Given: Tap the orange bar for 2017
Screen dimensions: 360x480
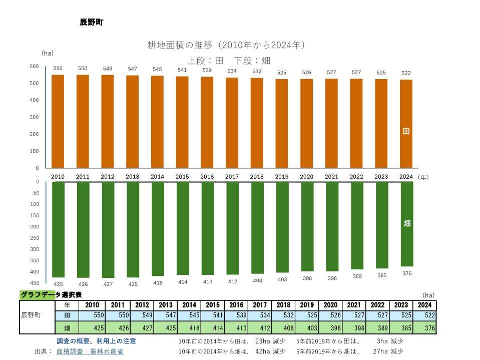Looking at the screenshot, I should pyautogui.click(x=232, y=123).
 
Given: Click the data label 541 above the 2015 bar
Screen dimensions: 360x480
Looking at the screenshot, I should pyautogui.click(x=182, y=70).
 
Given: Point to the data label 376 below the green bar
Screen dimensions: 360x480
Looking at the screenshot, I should pyautogui.click(x=407, y=273).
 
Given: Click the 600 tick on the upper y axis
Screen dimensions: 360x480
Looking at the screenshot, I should pyautogui.click(x=34, y=67).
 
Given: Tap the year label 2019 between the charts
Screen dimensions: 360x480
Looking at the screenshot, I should pyautogui.click(x=282, y=177).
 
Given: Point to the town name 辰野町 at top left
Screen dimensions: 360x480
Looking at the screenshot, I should pyautogui.click(x=92, y=23).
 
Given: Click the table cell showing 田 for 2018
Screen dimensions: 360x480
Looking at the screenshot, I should pyautogui.click(x=283, y=316).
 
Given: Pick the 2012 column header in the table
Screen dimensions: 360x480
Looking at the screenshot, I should pyautogui.click(x=142, y=305).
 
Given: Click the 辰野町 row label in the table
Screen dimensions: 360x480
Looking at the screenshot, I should pyautogui.click(x=32, y=316).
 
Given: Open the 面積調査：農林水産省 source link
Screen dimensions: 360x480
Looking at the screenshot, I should pyautogui.click(x=90, y=351).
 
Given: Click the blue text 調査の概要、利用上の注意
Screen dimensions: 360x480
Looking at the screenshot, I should pyautogui.click(x=96, y=341).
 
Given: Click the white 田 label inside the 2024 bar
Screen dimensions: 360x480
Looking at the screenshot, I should pyautogui.click(x=406, y=131).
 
